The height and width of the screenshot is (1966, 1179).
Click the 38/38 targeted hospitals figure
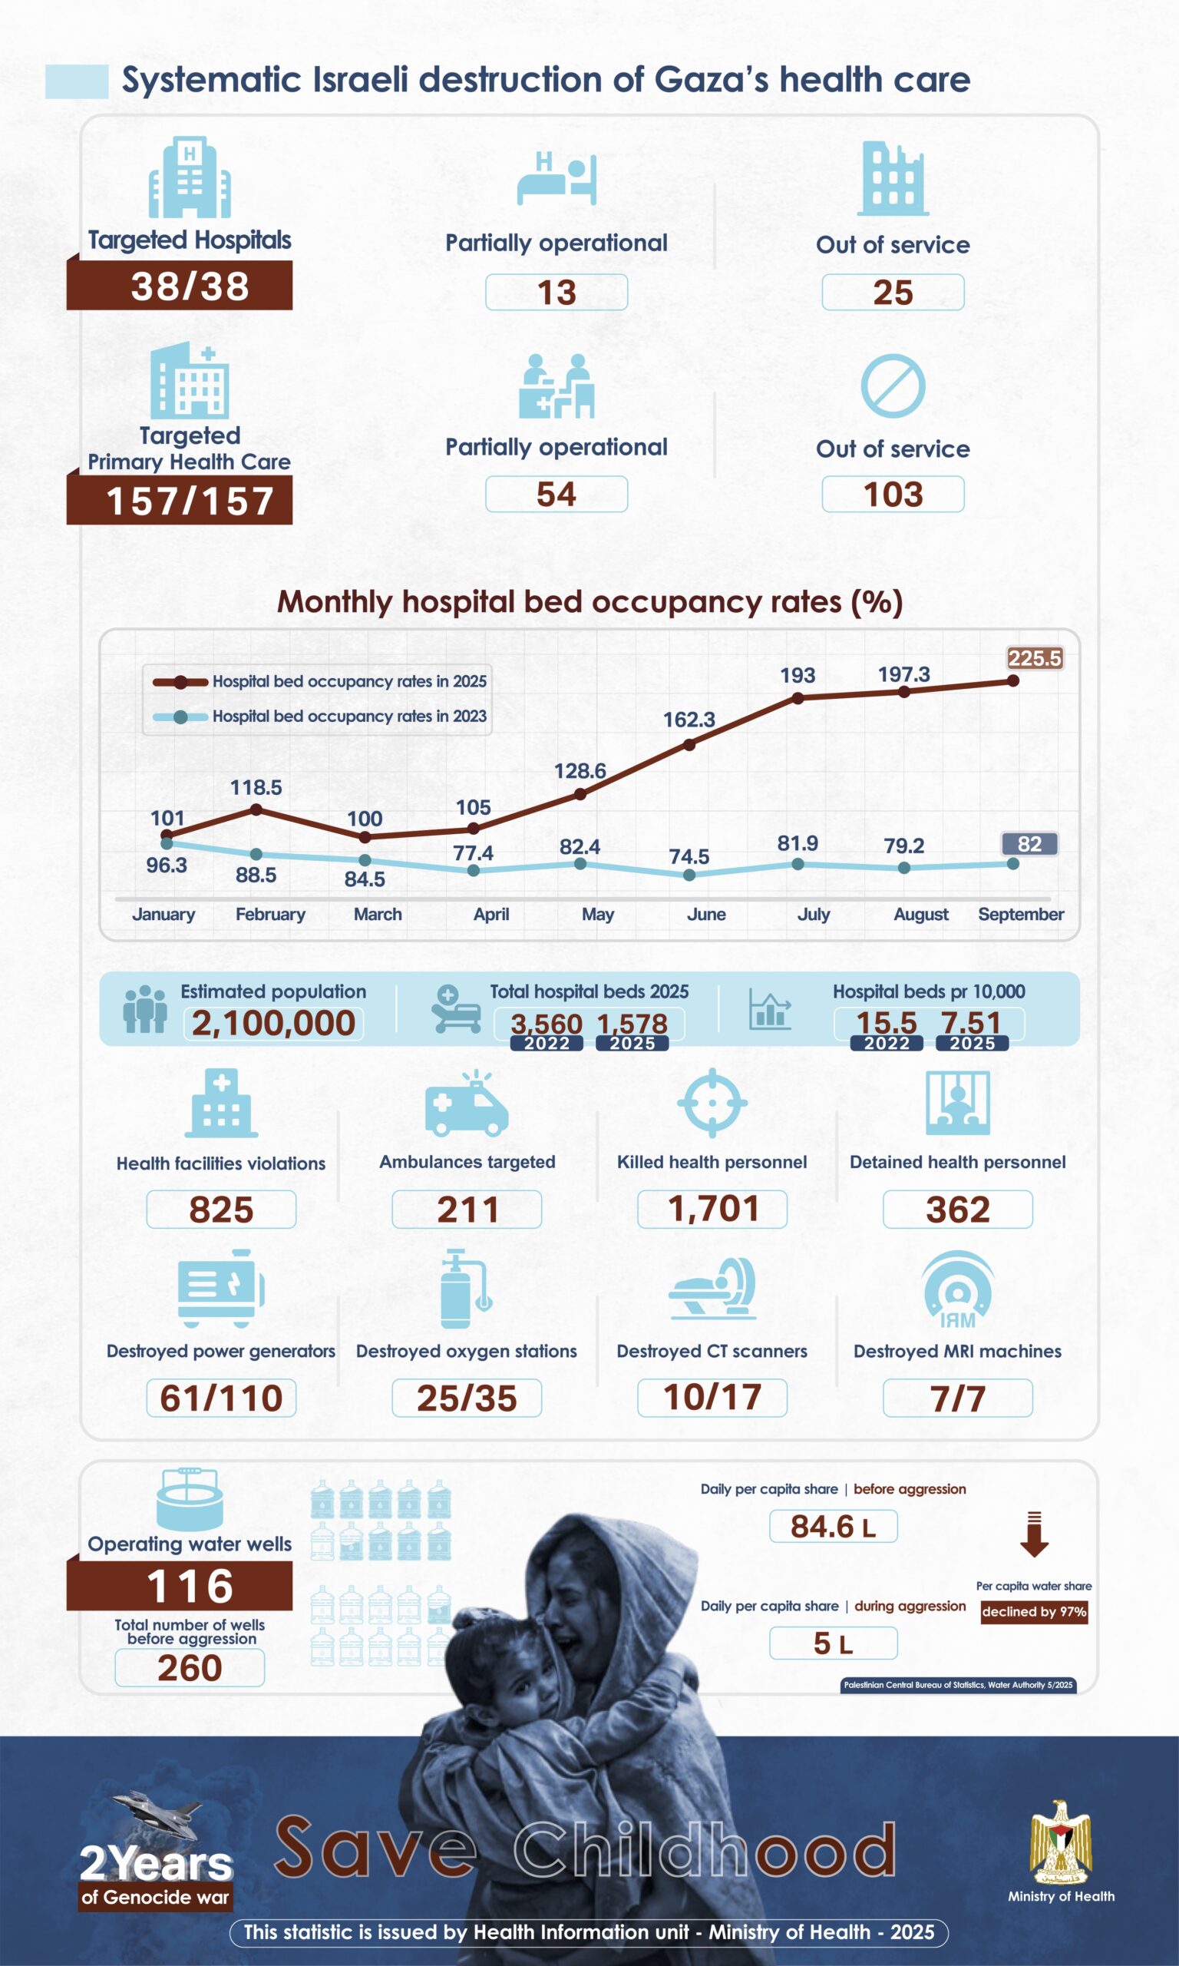(x=189, y=286)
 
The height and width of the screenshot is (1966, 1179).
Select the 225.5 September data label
(x=1035, y=658)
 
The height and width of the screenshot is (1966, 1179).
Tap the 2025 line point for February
(x=256, y=809)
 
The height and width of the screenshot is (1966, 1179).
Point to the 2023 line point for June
(x=689, y=875)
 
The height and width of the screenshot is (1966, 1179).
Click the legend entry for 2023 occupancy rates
(x=348, y=716)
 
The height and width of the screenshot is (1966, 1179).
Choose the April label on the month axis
(x=491, y=914)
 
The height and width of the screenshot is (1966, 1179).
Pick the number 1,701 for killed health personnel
(x=712, y=1209)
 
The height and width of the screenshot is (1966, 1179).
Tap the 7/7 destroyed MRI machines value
(x=957, y=1398)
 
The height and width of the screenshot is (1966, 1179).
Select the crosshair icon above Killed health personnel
(x=712, y=1102)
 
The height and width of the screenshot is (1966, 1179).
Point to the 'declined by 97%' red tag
(x=1034, y=1611)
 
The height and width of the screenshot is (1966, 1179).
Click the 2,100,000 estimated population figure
(x=273, y=1023)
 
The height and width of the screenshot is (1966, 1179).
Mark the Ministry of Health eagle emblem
(x=1061, y=1844)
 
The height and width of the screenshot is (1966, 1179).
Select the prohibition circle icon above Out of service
(x=893, y=386)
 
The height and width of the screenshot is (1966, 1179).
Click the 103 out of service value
(x=893, y=495)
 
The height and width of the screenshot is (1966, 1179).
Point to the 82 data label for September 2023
(x=1029, y=844)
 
